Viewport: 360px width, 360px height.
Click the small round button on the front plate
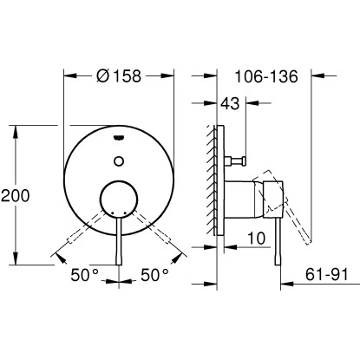click(120, 161)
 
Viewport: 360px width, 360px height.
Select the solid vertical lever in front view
click(120, 247)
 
